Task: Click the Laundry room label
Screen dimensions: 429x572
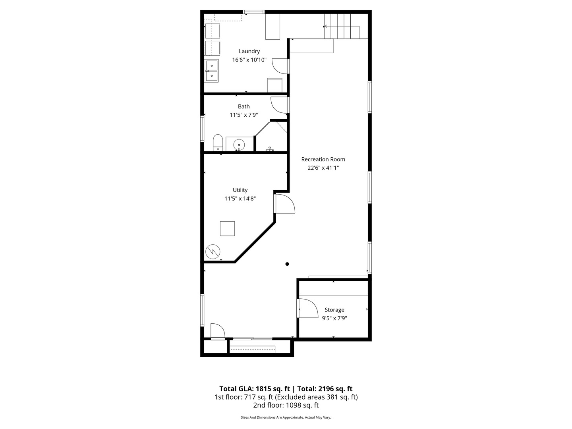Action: coord(249,51)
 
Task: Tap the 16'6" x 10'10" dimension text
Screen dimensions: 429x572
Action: coord(249,60)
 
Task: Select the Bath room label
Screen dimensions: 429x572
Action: coord(244,106)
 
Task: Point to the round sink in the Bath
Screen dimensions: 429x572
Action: coord(239,144)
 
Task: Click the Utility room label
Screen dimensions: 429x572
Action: coord(240,190)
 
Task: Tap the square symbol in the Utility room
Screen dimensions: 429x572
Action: coord(227,229)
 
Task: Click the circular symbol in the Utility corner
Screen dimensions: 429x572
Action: coord(213,251)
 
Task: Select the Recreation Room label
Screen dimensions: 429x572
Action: coord(323,159)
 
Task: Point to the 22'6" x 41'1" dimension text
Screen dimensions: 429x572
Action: coord(323,168)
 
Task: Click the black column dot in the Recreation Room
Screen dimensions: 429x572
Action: coord(287,264)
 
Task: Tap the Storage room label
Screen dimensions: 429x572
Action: coord(334,310)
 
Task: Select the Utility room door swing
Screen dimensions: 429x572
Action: coord(284,203)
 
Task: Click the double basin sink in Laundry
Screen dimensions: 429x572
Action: coord(211,71)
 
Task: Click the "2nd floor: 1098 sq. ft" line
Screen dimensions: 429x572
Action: coord(286,406)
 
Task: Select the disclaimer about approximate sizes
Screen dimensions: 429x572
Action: coord(286,417)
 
